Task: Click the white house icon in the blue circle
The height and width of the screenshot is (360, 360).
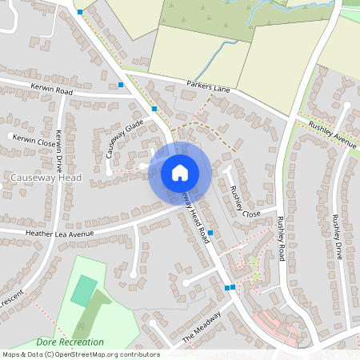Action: point(180,172)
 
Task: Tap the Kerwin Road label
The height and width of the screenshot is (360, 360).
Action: point(53,91)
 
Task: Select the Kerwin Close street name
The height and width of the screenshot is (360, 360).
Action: point(29,139)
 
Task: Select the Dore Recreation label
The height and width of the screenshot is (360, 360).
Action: point(70,342)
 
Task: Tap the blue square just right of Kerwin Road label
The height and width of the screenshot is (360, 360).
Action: point(121,84)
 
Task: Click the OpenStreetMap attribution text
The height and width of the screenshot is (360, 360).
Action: point(80,354)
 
